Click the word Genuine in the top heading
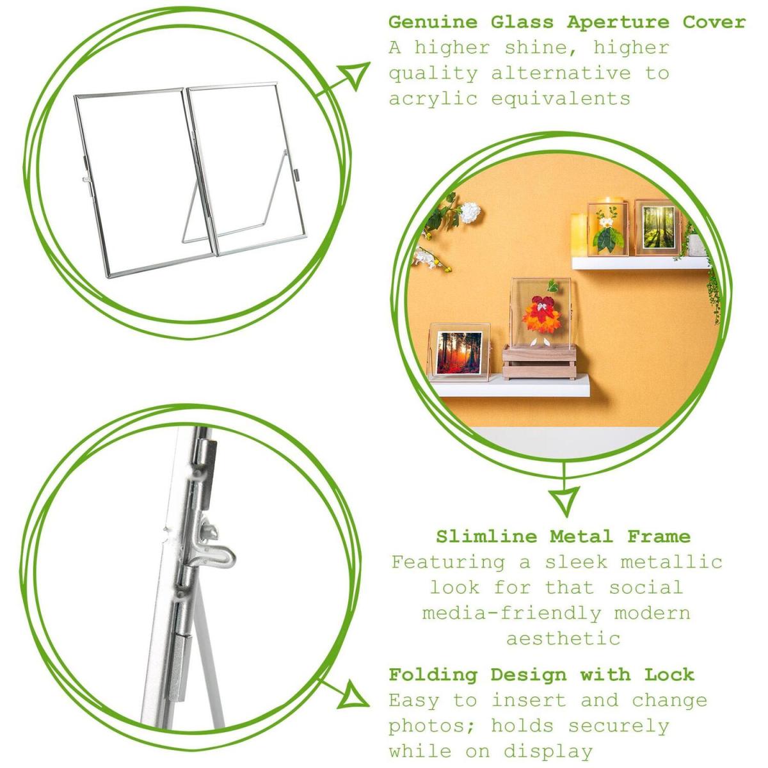(x=433, y=22)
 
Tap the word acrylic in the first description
(x=433, y=99)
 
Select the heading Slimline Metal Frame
(x=563, y=536)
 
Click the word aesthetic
(x=563, y=639)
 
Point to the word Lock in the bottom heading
(x=669, y=675)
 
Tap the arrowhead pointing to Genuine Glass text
(x=355, y=74)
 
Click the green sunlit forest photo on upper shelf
(x=658, y=227)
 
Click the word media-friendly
(x=511, y=613)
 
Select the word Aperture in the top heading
(x=618, y=23)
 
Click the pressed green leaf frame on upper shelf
(x=607, y=229)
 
